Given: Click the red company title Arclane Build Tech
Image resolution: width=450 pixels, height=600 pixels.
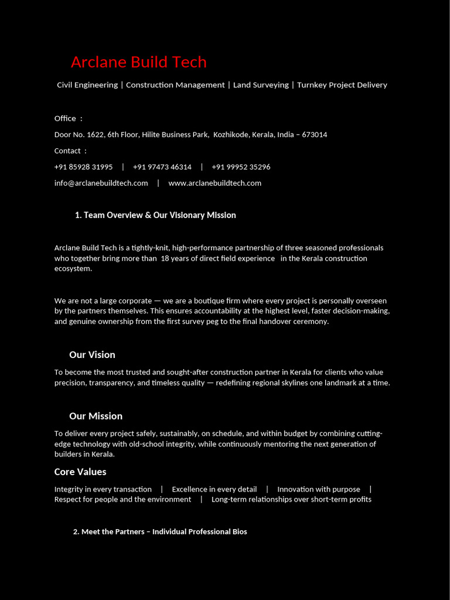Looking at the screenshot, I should tap(138, 62).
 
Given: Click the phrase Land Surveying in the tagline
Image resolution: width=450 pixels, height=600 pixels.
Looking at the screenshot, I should tap(261, 85).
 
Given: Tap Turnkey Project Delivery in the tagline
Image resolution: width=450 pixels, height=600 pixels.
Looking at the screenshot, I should tap(342, 85).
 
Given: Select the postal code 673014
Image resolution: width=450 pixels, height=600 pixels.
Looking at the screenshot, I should tap(314, 135).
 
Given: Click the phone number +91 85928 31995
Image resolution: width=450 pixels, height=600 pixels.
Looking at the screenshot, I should tap(83, 167).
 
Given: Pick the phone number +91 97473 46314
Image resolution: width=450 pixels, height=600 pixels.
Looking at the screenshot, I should tap(162, 167).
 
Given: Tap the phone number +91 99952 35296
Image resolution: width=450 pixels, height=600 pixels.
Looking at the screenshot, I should tap(241, 167).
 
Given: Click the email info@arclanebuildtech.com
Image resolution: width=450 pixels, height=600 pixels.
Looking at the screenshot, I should tap(101, 183).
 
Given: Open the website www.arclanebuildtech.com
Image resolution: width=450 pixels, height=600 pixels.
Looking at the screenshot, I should tap(214, 183).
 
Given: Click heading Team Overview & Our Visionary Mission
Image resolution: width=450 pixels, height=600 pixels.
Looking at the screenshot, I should tap(155, 215).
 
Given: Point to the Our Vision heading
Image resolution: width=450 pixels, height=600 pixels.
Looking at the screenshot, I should tap(92, 354).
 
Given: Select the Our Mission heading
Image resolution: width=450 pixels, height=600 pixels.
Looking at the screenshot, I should tap(96, 416).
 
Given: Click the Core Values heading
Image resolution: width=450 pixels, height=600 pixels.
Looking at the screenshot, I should tap(80, 472).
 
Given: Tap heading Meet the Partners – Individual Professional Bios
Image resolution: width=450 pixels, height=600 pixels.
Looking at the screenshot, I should tap(160, 531).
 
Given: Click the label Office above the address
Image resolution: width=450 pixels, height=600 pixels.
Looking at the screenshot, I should tap(65, 118).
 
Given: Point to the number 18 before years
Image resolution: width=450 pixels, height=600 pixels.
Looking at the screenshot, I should tap(165, 258).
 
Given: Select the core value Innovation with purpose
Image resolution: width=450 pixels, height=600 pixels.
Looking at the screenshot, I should tap(319, 489).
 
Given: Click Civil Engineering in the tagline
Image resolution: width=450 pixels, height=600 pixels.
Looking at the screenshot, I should tap(87, 85).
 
